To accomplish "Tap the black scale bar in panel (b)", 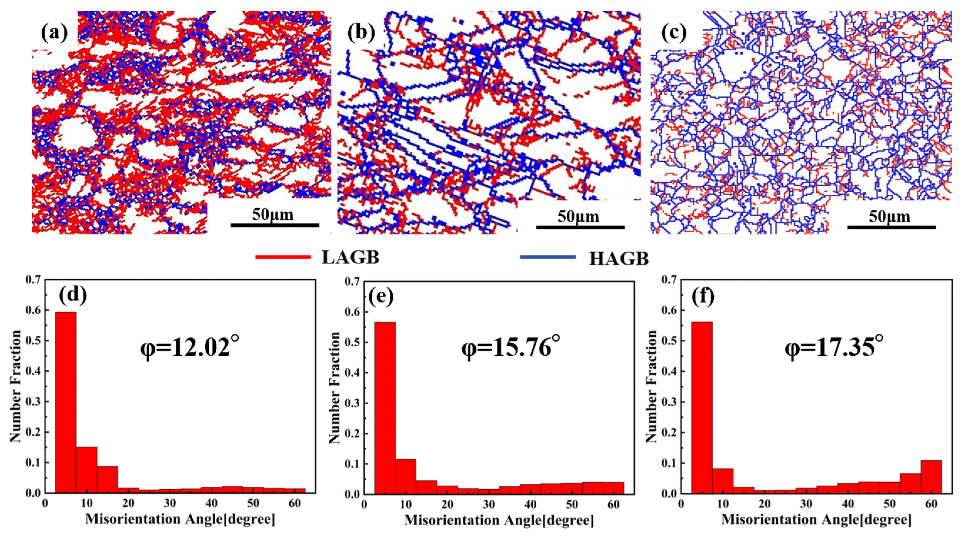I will tap(580, 227).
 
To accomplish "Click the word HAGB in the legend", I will tap(619, 259).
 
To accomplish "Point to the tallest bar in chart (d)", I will tap(66, 402).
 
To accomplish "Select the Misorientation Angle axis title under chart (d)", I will tap(180, 520).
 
